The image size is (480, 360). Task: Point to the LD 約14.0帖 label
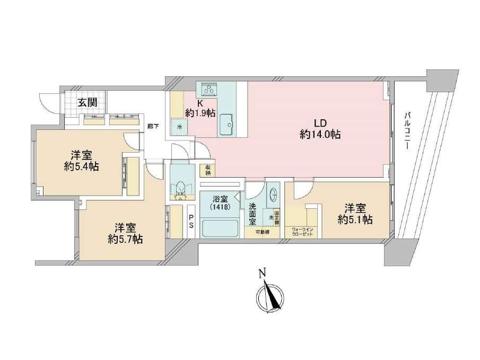tap(320, 129)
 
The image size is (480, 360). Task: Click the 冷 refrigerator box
tap(179, 127)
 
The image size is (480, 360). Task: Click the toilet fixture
tap(180, 188)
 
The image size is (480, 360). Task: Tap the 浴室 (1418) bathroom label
tap(220, 203)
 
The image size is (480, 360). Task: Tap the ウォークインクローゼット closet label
tap(300, 232)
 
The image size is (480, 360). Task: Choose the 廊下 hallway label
tap(152, 127)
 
